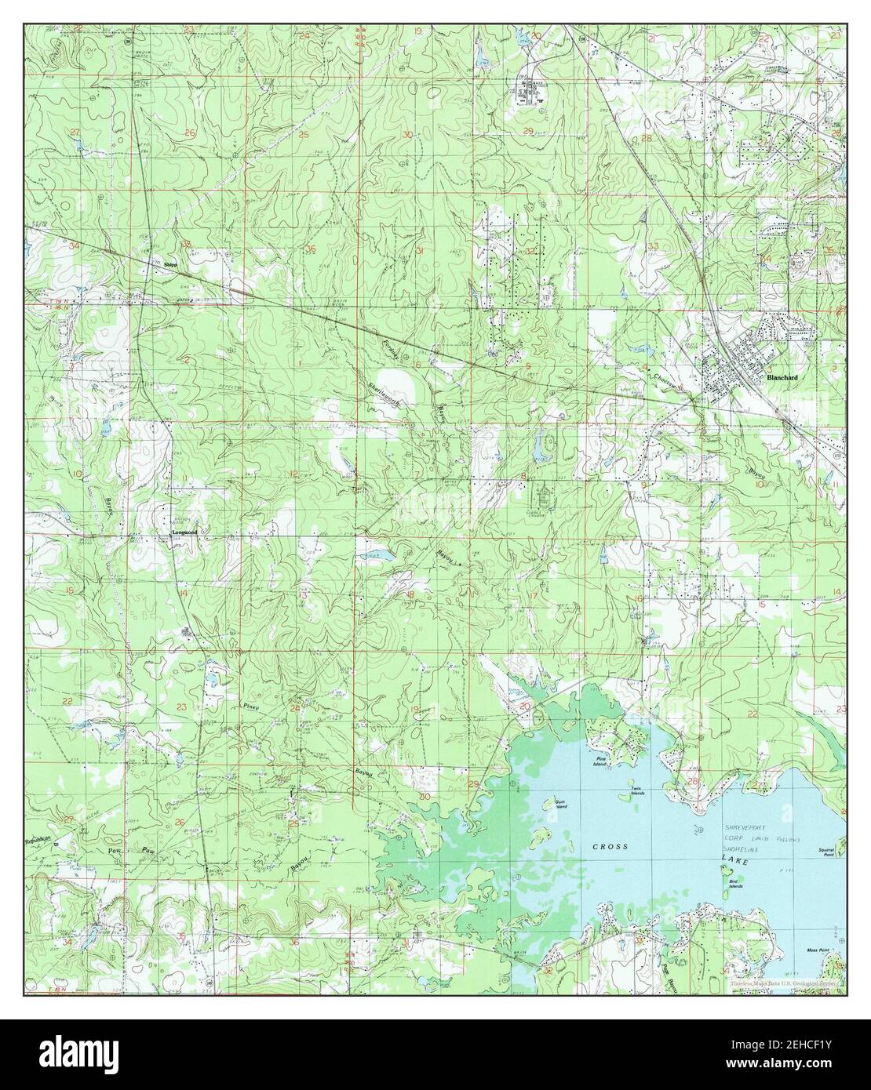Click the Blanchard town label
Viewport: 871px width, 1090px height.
783,378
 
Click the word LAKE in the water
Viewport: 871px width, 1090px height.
735,861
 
